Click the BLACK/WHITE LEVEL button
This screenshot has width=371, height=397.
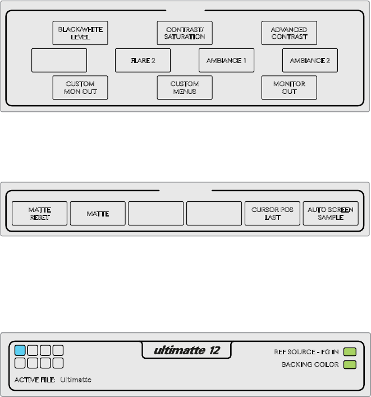80,33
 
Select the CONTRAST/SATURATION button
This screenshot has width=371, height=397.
185,33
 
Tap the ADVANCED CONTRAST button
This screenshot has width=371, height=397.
289,33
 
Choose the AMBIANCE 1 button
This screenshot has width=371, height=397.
226,60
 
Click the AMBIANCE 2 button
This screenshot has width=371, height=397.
310,60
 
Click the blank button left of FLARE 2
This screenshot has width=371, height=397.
59,60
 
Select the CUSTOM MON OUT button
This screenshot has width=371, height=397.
80,87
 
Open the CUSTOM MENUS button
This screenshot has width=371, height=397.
185,87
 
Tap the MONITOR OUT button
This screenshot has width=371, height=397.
289,87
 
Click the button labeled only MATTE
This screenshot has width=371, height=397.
98,214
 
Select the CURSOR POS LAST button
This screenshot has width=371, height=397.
273,214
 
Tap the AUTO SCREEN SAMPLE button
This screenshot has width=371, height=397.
331,214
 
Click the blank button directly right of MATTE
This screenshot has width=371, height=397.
156,214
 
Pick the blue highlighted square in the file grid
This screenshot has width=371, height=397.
20,350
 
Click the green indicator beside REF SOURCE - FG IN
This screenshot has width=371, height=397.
350,352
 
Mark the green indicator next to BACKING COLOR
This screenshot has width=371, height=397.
350,365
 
